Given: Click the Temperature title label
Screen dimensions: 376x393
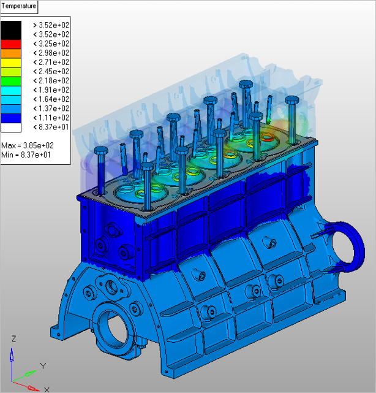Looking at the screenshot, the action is click(x=19, y=6).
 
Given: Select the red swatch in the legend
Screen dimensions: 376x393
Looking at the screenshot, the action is click(x=11, y=44).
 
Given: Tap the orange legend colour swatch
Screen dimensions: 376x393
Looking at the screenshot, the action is click(x=11, y=53).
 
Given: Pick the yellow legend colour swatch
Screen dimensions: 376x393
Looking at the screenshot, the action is click(x=11, y=63).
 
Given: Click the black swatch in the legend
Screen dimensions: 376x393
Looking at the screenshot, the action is click(x=11, y=30).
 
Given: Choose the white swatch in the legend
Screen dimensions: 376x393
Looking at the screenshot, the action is click(x=11, y=128).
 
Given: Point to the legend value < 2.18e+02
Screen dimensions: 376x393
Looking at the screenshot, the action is click(x=51, y=81).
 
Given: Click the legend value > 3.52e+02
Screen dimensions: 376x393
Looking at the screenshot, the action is click(x=51, y=25).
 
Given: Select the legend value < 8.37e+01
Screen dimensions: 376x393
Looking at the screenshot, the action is click(x=51, y=127).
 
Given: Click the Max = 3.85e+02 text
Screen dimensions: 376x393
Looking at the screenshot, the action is click(x=28, y=145).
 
